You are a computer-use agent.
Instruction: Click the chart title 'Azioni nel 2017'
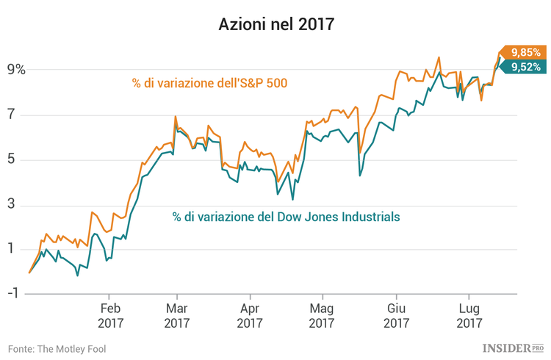(275, 24)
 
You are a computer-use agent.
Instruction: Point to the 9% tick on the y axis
(16, 71)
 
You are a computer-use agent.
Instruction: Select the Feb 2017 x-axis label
(109, 314)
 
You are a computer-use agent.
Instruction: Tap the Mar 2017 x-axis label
(176, 314)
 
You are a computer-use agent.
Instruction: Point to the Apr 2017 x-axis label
(250, 314)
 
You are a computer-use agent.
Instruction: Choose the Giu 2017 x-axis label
(396, 314)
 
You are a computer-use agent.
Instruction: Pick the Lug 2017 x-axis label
(469, 314)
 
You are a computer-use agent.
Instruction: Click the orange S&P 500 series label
(209, 83)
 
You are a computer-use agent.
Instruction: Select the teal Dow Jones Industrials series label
(287, 217)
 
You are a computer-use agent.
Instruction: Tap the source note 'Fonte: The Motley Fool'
(57, 348)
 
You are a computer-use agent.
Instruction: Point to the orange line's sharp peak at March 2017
(175, 117)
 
